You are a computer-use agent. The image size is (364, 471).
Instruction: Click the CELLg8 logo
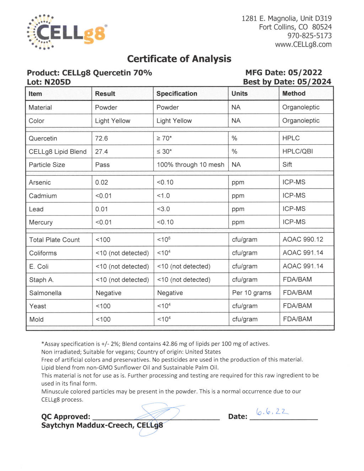click(x=66, y=32)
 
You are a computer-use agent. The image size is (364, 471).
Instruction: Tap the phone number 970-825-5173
click(x=309, y=36)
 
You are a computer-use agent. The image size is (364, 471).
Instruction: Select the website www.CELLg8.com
click(x=303, y=44)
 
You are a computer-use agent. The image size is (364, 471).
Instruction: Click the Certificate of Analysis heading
click(x=179, y=59)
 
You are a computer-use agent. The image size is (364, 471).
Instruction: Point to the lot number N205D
click(x=58, y=82)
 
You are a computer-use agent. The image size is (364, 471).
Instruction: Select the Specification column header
click(x=177, y=93)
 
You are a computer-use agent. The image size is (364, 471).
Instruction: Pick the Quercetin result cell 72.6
click(x=101, y=138)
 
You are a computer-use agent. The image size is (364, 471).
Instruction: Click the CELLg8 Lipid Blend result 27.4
click(x=101, y=151)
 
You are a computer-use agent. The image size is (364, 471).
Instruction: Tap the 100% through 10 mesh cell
click(x=191, y=165)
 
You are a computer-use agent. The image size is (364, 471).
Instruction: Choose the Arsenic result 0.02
click(x=101, y=182)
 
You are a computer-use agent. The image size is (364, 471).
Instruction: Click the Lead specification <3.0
click(x=163, y=209)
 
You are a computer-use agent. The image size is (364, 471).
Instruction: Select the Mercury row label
click(x=41, y=222)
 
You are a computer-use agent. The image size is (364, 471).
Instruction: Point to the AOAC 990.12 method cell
click(x=303, y=240)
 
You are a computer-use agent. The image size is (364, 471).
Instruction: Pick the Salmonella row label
click(x=45, y=293)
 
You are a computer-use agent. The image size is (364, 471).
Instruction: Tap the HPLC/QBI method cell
click(x=298, y=151)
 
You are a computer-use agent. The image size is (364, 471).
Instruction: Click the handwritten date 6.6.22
click(x=272, y=412)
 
